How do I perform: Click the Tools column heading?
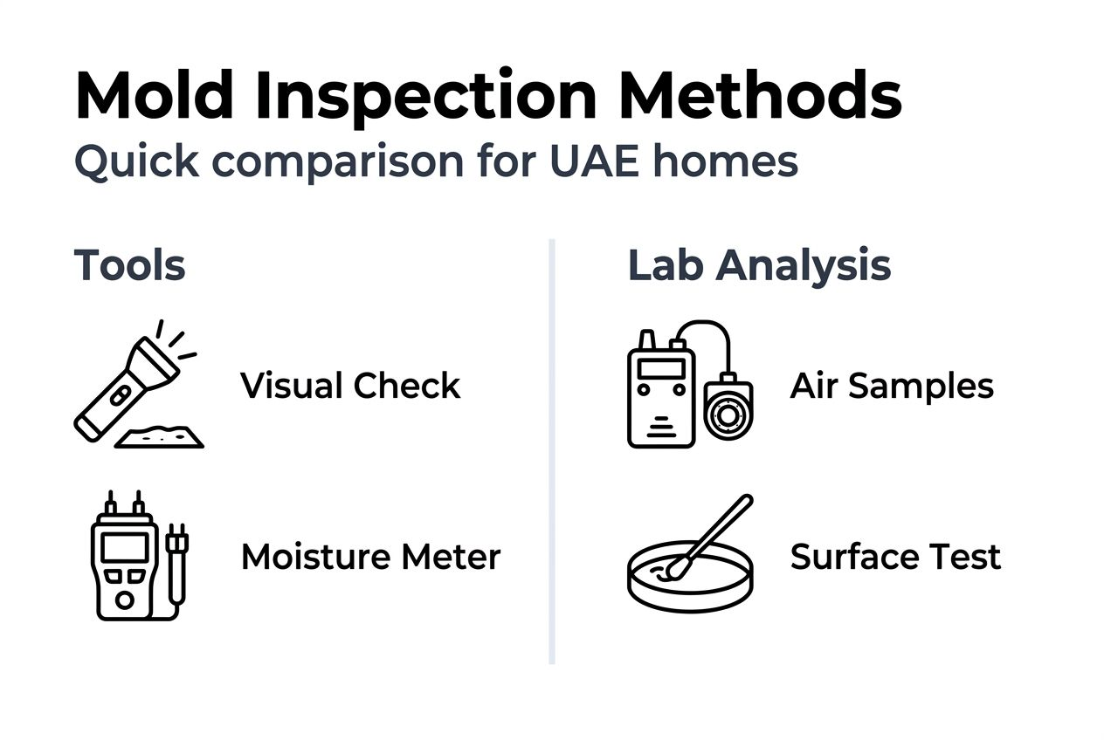(x=129, y=265)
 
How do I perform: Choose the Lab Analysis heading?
(x=759, y=265)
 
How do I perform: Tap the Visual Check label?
(x=350, y=386)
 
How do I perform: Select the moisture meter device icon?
(x=125, y=558)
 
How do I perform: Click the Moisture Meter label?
(x=370, y=557)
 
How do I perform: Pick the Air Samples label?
(x=892, y=386)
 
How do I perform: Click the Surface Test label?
(x=895, y=557)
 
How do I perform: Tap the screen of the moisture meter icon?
(x=124, y=547)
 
